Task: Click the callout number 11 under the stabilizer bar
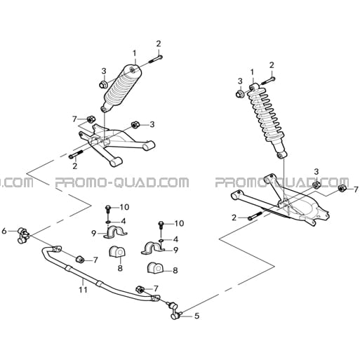tap(83, 290)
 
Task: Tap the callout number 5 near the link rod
tap(197, 316)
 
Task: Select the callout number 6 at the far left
tap(4, 231)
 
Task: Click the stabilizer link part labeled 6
tap(23, 235)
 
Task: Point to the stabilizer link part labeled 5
tap(175, 311)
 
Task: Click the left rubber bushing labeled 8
tap(117, 252)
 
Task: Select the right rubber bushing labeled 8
tap(155, 267)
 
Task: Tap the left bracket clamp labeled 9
tap(115, 232)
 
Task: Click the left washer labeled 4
tap(108, 222)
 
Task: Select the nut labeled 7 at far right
tap(342, 188)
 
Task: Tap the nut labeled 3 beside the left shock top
tap(102, 84)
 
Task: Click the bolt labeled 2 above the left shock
tap(156, 59)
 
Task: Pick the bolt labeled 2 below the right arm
tap(255, 216)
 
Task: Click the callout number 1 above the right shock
tap(252, 72)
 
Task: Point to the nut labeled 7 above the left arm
tap(91, 119)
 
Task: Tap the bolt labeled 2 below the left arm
tap(76, 154)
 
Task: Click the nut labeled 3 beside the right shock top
tap(240, 94)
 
